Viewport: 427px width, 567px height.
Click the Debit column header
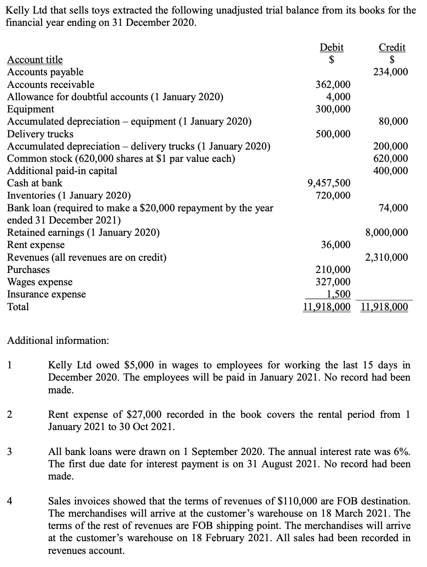point(332,47)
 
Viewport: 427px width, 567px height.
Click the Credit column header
point(392,47)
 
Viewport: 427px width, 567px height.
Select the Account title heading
point(35,59)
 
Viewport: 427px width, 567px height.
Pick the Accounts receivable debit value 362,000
point(333,84)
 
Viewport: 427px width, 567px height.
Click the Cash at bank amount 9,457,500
point(329,183)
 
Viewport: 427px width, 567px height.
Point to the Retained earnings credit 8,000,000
point(386,232)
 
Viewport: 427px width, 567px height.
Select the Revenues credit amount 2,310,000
point(386,257)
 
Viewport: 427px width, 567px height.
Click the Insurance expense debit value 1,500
point(339,294)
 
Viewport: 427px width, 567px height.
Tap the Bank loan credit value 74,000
point(393,208)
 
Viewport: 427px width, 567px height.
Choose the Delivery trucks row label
point(40,134)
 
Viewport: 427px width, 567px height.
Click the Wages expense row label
point(40,282)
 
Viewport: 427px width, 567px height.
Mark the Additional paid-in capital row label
point(62,171)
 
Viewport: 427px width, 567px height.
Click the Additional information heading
point(58,340)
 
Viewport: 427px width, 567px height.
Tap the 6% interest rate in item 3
point(401,451)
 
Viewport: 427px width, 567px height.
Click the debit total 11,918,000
point(326,307)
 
